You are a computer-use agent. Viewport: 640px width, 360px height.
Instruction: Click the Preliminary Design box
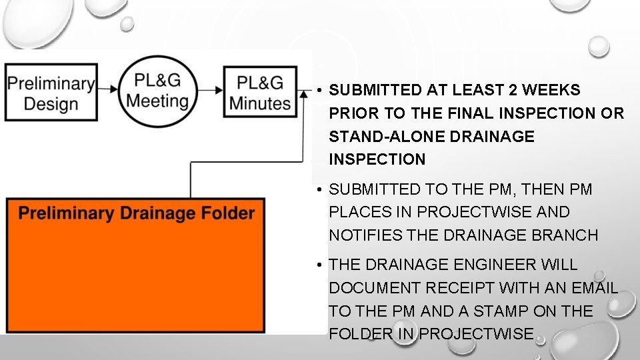click(51, 93)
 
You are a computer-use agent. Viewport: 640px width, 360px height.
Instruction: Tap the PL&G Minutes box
click(260, 92)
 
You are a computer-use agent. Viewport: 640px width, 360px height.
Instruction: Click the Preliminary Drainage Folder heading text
click(137, 213)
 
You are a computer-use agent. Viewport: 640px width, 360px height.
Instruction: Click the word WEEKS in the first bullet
click(551, 90)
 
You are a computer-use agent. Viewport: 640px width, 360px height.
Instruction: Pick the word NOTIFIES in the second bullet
click(365, 235)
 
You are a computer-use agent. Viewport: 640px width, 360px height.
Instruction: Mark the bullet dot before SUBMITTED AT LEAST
click(321, 90)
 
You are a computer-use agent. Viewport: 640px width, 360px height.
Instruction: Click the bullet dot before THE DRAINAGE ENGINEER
click(321, 265)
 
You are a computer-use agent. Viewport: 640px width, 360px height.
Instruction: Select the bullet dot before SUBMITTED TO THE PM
click(321, 190)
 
